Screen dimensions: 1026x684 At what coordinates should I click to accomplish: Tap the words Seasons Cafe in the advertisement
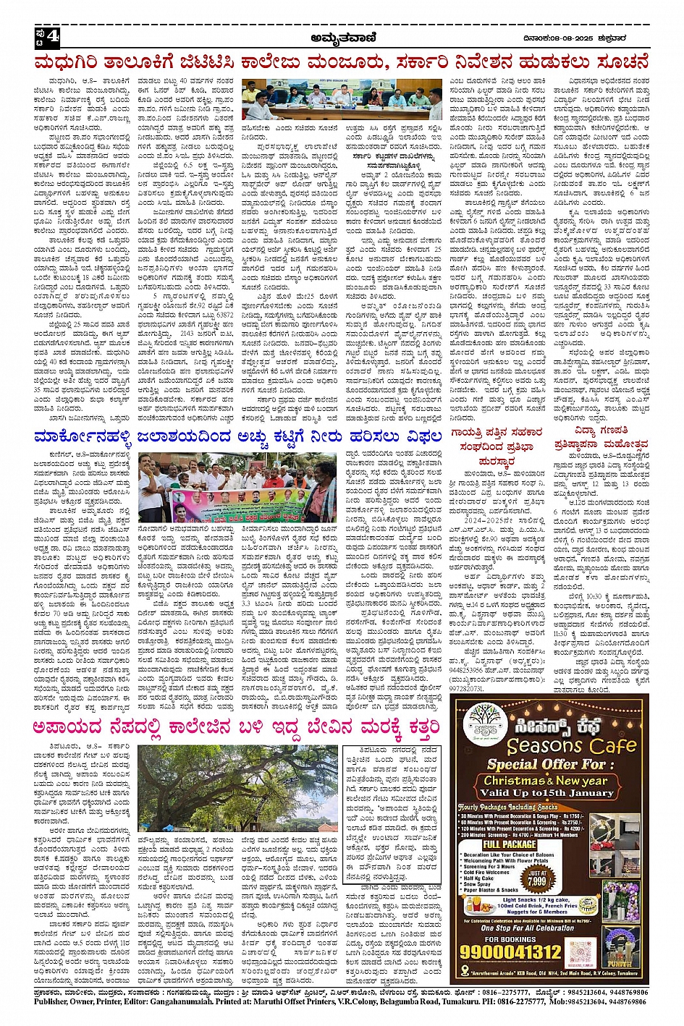click(x=570, y=745)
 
